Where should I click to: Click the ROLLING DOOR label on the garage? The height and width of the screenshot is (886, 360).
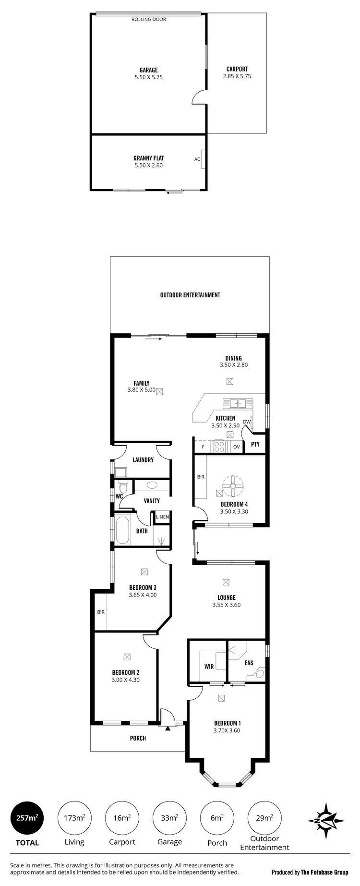tap(149, 20)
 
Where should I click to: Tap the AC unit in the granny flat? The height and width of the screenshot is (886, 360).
tap(197, 159)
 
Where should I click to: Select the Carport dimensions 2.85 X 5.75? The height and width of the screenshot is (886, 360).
tap(237, 76)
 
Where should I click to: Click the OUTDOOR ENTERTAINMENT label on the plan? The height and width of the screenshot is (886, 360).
tap(190, 295)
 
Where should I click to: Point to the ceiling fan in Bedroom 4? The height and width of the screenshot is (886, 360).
tap(232, 486)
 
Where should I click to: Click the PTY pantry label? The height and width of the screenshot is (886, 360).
tap(255, 444)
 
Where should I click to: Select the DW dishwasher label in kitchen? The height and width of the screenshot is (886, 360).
tap(247, 422)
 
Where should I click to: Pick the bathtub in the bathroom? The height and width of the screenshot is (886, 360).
tap(122, 530)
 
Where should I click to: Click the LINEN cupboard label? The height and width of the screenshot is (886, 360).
tap(162, 517)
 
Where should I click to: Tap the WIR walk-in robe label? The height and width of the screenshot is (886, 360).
tap(209, 667)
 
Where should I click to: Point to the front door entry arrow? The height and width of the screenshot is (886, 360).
tap(168, 728)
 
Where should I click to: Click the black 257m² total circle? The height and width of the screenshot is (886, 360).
tap(27, 818)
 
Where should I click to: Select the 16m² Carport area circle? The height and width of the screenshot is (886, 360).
tap(121, 818)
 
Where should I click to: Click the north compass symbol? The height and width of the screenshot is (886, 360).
tap(326, 821)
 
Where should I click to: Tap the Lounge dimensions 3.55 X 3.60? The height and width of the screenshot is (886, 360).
tap(227, 605)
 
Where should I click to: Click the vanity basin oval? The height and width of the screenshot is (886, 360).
tap(151, 485)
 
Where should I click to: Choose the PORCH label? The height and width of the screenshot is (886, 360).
tap(138, 738)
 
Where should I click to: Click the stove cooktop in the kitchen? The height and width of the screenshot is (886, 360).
tap(219, 447)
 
